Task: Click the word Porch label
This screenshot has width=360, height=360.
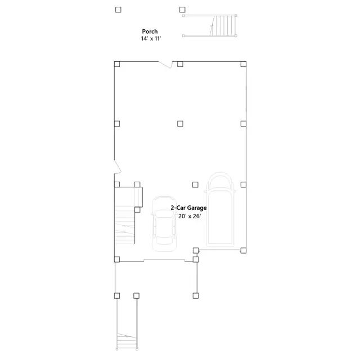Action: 150,31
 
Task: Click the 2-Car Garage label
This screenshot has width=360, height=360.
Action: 188,208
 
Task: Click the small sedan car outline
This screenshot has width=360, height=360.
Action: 163,222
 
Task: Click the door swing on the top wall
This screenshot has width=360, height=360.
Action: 165,65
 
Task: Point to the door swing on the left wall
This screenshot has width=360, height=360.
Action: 117,167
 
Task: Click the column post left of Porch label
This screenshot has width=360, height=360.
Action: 118,10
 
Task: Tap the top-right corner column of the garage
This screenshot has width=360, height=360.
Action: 243,64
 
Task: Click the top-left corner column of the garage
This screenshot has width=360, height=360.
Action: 117,64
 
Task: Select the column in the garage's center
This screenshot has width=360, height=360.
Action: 180,124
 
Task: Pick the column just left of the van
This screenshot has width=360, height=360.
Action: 195,184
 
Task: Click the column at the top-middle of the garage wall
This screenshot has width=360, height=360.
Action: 180,64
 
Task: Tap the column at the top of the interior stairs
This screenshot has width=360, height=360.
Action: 137,184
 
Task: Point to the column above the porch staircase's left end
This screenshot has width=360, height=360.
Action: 182,10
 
